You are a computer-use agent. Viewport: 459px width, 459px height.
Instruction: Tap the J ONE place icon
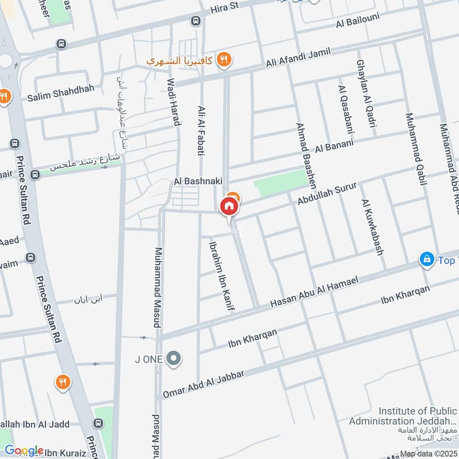(x=174, y=359)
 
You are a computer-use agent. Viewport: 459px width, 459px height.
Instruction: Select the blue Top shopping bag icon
(x=426, y=260)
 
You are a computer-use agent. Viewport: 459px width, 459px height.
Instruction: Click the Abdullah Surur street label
(x=328, y=193)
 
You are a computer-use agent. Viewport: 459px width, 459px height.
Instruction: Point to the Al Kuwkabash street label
(x=372, y=227)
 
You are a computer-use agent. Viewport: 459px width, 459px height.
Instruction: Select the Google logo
(x=24, y=450)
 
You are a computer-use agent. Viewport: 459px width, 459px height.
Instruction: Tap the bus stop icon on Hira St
(x=196, y=21)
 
